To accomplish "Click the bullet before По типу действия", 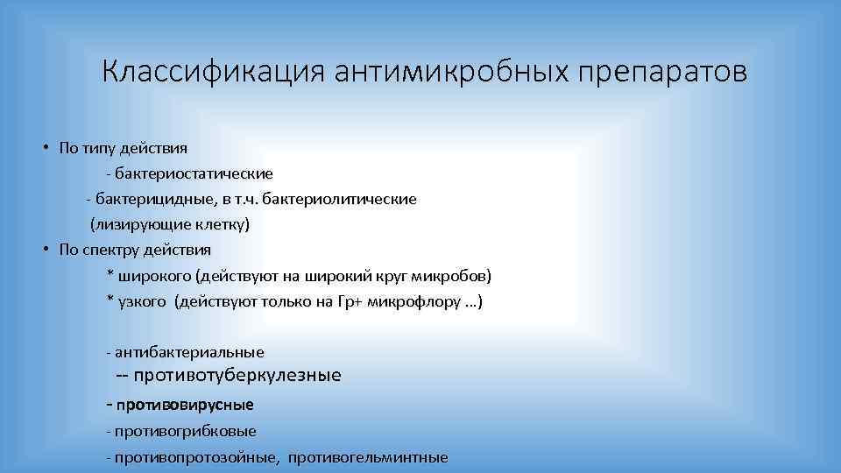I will pos(44,147).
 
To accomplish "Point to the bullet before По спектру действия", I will pos(44,249).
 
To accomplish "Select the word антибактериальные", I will pos(187,352).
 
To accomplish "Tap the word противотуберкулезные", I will pos(237,376).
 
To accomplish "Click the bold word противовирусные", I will pos(184,405).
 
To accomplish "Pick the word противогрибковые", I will pos(184,431).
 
